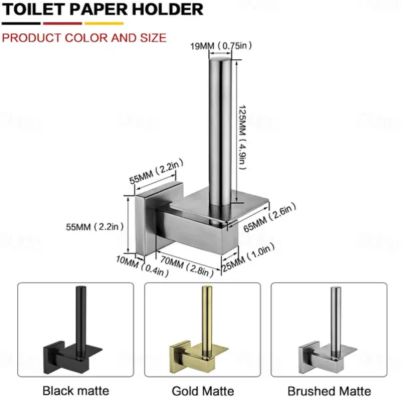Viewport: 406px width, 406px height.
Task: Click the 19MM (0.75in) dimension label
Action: point(221,46)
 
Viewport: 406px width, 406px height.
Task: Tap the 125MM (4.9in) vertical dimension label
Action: point(242,137)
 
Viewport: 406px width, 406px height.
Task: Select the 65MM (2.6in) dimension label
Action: point(270,218)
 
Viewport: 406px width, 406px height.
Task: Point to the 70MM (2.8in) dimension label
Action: point(186,266)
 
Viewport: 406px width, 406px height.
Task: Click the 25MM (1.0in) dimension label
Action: point(248,257)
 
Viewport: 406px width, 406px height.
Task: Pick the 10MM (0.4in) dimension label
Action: point(142,266)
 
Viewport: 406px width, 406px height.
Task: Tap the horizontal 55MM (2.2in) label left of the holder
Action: point(95,227)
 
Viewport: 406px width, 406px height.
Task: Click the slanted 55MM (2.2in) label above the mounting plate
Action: point(156,171)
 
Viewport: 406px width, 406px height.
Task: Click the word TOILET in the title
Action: point(34,9)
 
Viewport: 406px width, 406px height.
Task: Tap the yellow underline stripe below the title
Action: point(104,23)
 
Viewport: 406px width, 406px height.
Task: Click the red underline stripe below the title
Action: point(63,23)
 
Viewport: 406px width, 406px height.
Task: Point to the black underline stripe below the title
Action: point(21,23)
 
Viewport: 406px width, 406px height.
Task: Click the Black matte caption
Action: point(76,391)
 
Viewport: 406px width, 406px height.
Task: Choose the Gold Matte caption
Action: point(203,391)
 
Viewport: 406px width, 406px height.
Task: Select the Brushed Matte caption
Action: point(329,391)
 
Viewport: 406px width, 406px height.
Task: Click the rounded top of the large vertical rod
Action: point(220,59)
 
